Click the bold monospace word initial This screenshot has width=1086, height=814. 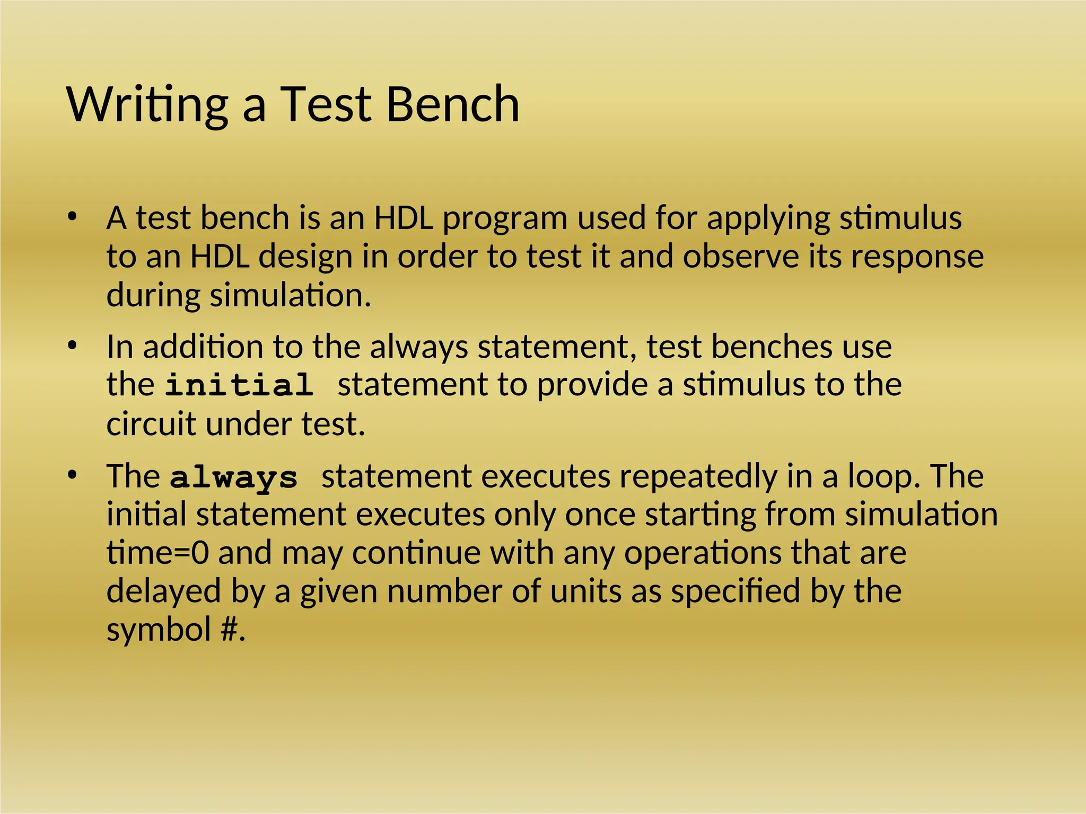pyautogui.click(x=239, y=385)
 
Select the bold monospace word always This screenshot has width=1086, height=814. pyautogui.click(x=234, y=477)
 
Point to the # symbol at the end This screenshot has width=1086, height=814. pyautogui.click(x=229, y=630)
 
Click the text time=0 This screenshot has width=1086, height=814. pyautogui.click(x=157, y=553)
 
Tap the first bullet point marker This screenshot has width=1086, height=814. pyautogui.click(x=73, y=217)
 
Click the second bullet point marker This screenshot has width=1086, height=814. pyautogui.click(x=73, y=346)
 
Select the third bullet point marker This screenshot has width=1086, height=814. pyautogui.click(x=73, y=475)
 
